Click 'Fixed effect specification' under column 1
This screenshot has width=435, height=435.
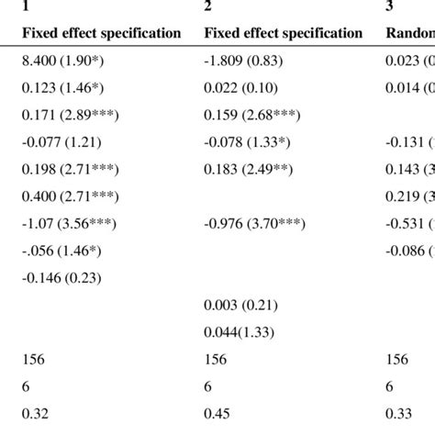(101, 33)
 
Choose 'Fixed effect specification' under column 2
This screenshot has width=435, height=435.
(283, 33)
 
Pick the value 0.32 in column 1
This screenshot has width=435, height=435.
(32, 412)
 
